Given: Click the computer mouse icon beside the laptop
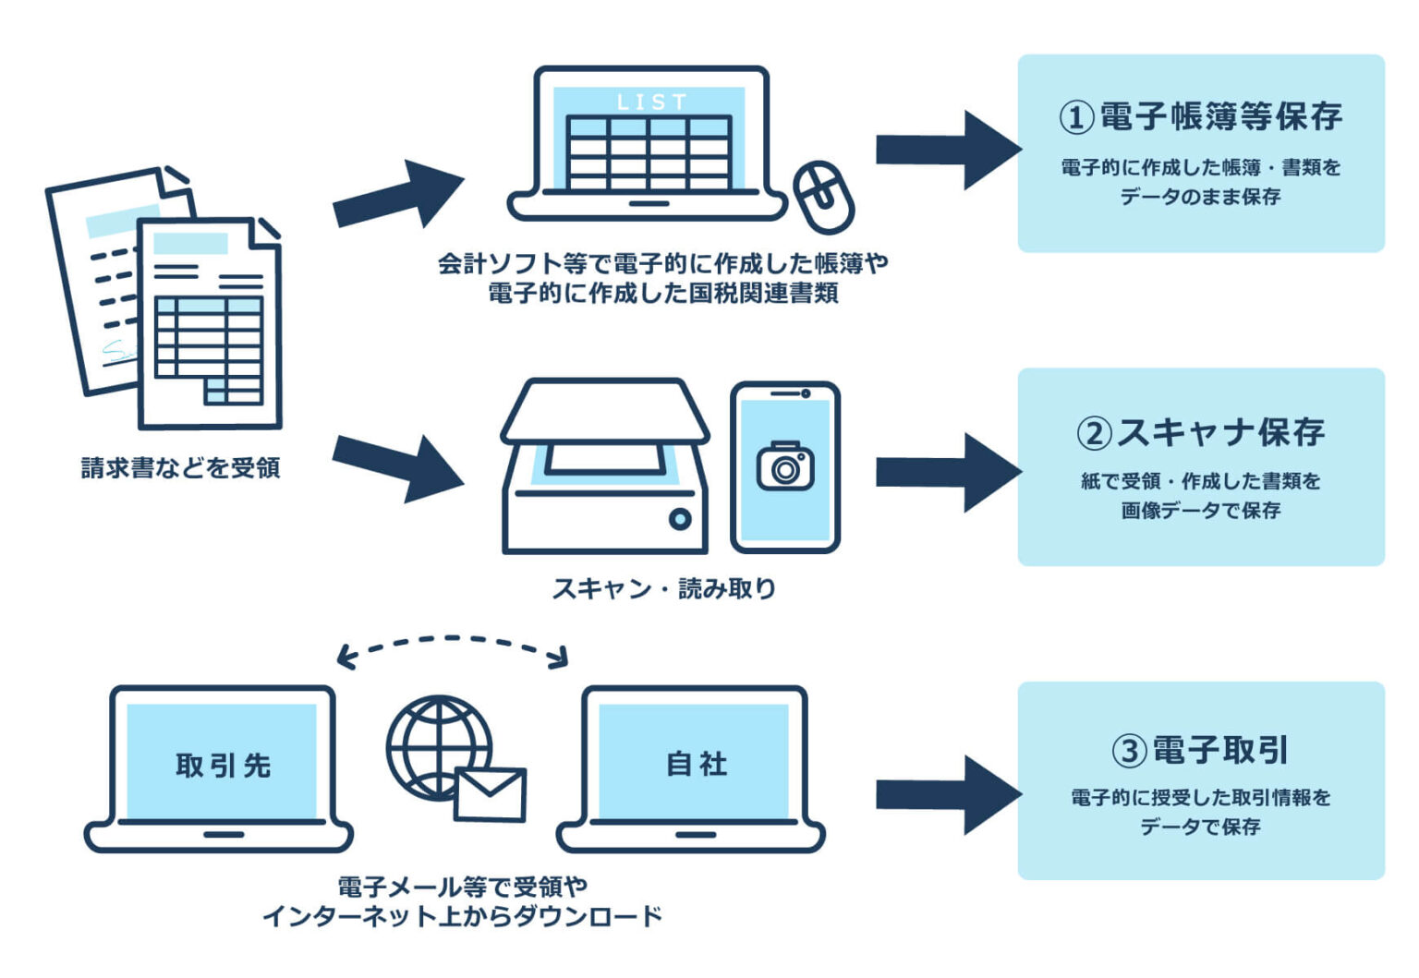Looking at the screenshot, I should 825,197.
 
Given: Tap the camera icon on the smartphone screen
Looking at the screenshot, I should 785,466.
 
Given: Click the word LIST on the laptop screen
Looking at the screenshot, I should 651,102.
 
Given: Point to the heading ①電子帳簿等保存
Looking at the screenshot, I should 1200,117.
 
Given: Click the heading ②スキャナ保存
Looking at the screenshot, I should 1200,432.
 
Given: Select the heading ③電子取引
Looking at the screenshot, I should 1200,750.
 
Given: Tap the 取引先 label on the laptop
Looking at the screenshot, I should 223,766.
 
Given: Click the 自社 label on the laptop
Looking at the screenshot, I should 697,765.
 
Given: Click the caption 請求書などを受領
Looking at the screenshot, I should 180,468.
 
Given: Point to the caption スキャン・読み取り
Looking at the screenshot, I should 663,588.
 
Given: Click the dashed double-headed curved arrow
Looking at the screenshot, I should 452,641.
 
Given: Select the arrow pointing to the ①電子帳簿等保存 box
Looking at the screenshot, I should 947,150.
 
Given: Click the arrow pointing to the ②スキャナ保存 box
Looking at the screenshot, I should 947,472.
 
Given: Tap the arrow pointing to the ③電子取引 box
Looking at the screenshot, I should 947,794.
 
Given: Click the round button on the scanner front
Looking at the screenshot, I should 680,519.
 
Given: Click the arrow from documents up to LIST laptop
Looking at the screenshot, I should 397,196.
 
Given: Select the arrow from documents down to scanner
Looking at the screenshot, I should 397,466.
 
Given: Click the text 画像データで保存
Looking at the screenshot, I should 1200,511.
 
